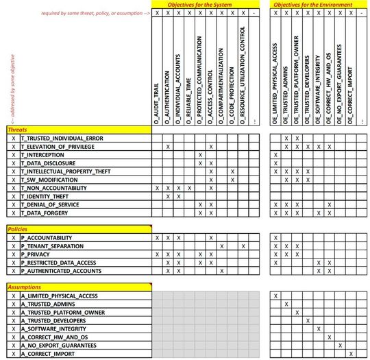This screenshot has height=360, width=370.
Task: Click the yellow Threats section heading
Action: pos(19,130)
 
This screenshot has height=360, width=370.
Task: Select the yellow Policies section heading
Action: pos(19,228)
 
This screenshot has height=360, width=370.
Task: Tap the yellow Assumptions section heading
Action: pos(25,287)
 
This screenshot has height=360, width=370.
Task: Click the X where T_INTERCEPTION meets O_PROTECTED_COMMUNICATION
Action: pos(200,155)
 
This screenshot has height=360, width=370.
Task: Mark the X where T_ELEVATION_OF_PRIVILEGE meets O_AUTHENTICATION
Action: pos(168,147)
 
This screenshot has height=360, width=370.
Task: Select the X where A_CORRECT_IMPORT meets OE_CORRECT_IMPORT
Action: pos(351,353)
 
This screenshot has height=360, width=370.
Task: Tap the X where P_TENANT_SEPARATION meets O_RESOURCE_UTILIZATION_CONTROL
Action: pos(243,245)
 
